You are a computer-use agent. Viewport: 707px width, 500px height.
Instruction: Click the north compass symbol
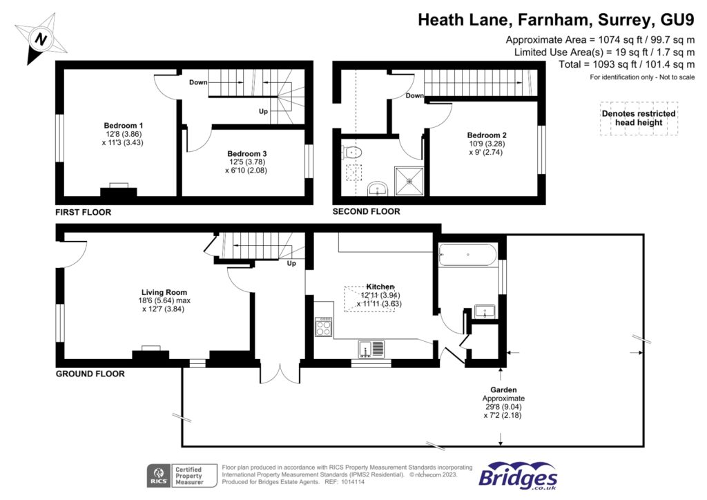41,39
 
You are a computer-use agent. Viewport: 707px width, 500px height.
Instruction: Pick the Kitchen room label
380,286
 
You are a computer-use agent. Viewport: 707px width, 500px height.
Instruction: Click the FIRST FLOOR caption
84,212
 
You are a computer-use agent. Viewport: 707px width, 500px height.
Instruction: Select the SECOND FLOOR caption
366,211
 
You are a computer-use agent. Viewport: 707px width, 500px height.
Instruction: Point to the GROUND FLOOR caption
90,374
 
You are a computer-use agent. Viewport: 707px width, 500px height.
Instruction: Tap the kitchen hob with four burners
324,327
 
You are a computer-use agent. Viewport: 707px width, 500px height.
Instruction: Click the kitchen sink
371,348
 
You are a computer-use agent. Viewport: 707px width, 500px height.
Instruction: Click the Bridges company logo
518,476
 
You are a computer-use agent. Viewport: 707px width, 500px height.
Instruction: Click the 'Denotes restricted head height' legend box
639,118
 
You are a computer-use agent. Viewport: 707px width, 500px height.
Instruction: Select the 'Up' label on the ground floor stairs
291,264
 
